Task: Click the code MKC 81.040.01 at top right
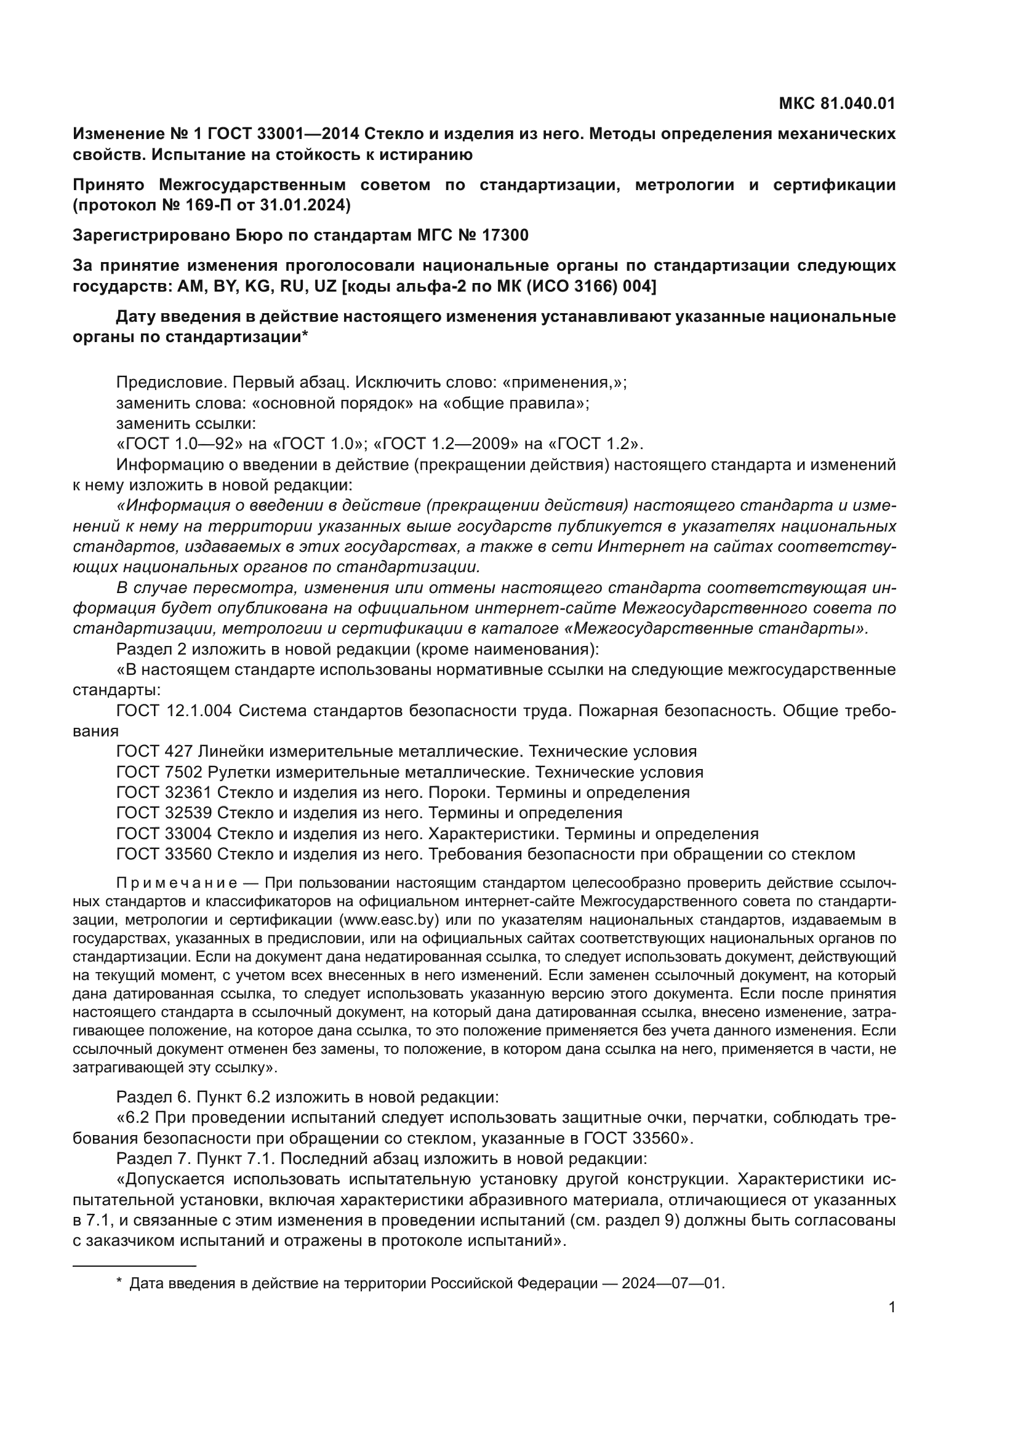coord(836,103)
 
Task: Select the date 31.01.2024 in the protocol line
coord(306,205)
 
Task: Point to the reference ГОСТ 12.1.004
coord(174,711)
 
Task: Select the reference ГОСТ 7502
coord(160,772)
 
